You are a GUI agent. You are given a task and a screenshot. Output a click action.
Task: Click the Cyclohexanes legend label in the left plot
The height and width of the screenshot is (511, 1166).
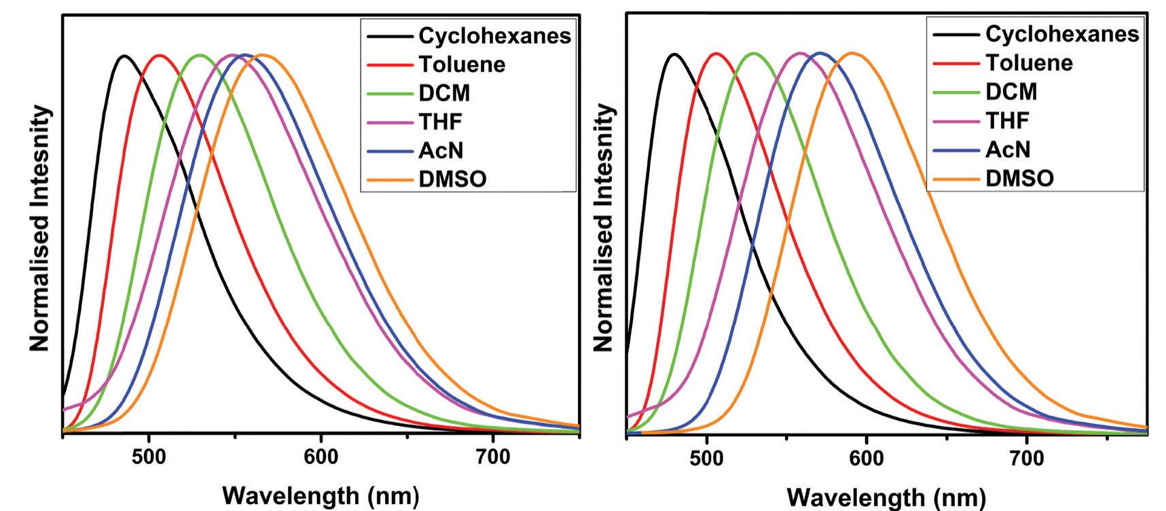(x=494, y=35)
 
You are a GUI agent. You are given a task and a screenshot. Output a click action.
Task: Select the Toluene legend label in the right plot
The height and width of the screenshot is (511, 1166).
(x=1029, y=63)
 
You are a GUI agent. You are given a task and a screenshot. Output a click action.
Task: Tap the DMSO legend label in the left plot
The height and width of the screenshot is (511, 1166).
(x=452, y=179)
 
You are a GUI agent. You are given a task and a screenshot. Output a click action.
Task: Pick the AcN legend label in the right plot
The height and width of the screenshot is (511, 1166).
(x=1008, y=149)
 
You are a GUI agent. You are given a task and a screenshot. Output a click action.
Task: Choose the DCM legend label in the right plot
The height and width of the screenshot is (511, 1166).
(x=1011, y=92)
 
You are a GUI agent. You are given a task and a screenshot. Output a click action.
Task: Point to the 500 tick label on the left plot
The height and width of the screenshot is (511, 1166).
(x=149, y=457)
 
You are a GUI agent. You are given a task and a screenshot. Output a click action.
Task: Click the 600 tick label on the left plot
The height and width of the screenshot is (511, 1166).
(x=321, y=457)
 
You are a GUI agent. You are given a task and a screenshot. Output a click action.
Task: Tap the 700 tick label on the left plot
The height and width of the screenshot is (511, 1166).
(x=492, y=457)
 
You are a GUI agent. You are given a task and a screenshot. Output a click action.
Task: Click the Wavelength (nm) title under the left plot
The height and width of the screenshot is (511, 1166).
(x=321, y=495)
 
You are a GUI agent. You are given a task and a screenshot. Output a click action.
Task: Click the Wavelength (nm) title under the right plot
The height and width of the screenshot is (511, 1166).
(x=886, y=497)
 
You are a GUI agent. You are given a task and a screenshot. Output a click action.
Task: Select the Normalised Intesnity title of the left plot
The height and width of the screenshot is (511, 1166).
(x=39, y=228)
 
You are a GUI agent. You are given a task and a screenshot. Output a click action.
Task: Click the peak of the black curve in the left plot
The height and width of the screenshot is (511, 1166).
(x=124, y=56)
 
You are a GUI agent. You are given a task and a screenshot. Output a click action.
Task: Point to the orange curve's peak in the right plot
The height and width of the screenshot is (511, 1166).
(x=852, y=53)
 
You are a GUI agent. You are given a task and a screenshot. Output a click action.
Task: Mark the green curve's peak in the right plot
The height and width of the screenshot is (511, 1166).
(x=754, y=53)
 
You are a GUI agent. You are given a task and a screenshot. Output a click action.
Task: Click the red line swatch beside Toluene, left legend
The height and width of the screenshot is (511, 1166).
(x=390, y=65)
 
